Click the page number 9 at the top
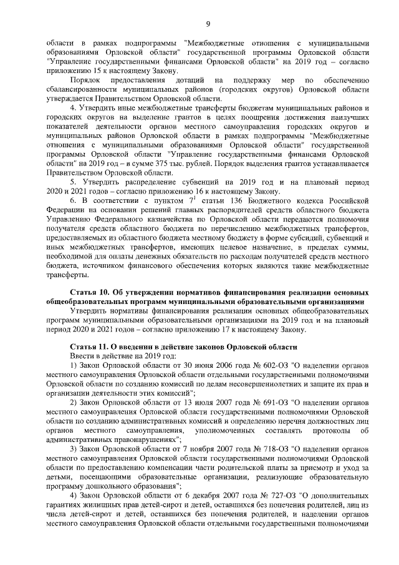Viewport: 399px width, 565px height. pos(207,24)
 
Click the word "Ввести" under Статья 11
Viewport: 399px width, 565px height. pos(81,354)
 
